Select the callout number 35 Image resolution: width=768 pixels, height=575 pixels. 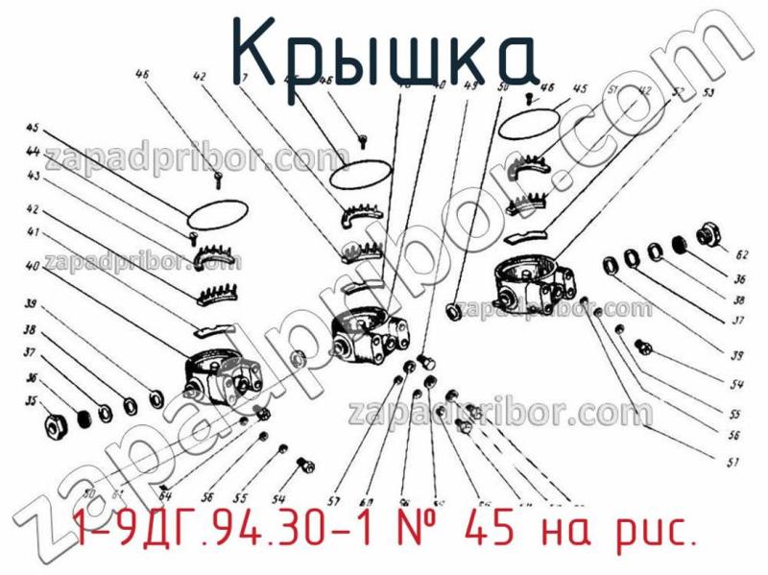point(32,402)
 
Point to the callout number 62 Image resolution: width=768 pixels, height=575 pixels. point(740,255)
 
